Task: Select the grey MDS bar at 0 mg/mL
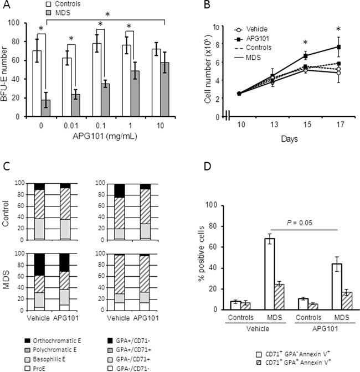[x=47, y=108]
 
